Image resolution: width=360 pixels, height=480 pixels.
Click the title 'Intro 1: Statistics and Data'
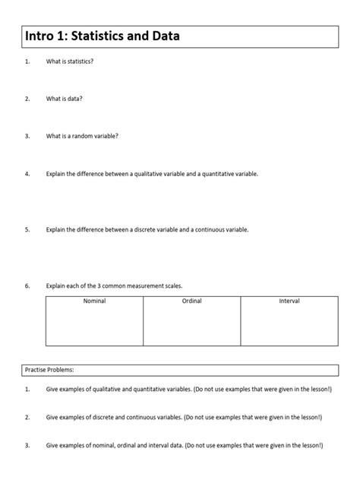click(x=103, y=36)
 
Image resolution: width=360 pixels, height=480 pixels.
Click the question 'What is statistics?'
click(x=70, y=61)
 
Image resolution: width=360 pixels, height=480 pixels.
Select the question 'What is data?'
click(x=65, y=99)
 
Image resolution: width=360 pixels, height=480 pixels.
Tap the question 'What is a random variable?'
click(x=82, y=137)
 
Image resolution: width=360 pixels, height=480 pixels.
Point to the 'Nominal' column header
click(x=94, y=302)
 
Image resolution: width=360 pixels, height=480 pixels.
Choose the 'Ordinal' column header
click(x=191, y=302)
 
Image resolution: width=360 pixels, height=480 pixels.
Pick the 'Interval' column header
click(x=289, y=302)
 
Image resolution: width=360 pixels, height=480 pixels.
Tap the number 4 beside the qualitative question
click(x=27, y=174)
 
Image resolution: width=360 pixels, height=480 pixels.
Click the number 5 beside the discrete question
click(x=27, y=229)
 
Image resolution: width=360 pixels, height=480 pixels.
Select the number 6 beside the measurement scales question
click(x=27, y=286)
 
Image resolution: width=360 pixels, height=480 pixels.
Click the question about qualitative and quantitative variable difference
click(x=152, y=174)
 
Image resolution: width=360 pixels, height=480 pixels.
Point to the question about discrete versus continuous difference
click(x=147, y=229)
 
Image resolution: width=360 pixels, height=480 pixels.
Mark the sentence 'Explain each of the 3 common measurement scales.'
click(x=114, y=286)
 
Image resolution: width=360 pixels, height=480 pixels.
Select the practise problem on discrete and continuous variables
click(x=184, y=417)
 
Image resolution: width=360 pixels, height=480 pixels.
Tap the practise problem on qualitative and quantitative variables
click(x=189, y=389)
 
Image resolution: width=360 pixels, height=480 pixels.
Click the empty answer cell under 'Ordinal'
click(x=191, y=327)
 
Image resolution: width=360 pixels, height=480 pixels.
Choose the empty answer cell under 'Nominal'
click(x=94, y=327)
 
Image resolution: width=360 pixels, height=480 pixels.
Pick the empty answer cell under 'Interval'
click(x=289, y=327)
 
